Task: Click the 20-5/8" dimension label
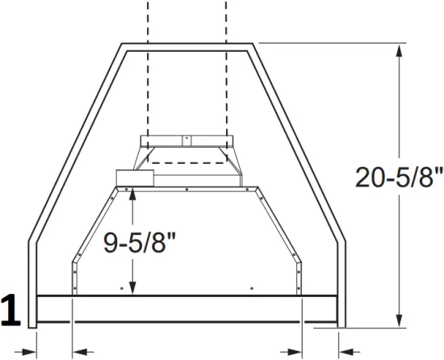(399, 176)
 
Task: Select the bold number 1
(11, 312)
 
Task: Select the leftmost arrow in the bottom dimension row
(27, 351)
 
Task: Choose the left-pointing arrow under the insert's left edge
(81, 351)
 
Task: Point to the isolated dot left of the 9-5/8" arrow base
(120, 287)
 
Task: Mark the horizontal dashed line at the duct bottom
(186, 163)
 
